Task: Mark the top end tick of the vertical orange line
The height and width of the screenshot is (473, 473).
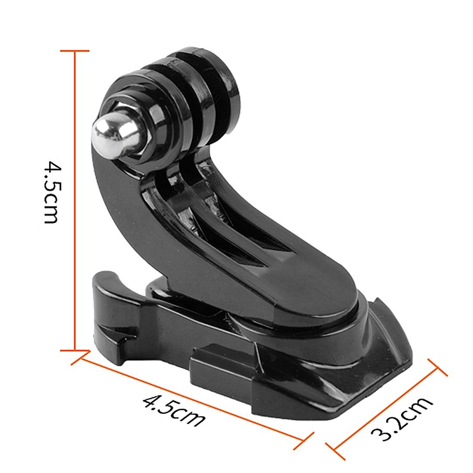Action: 75,51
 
